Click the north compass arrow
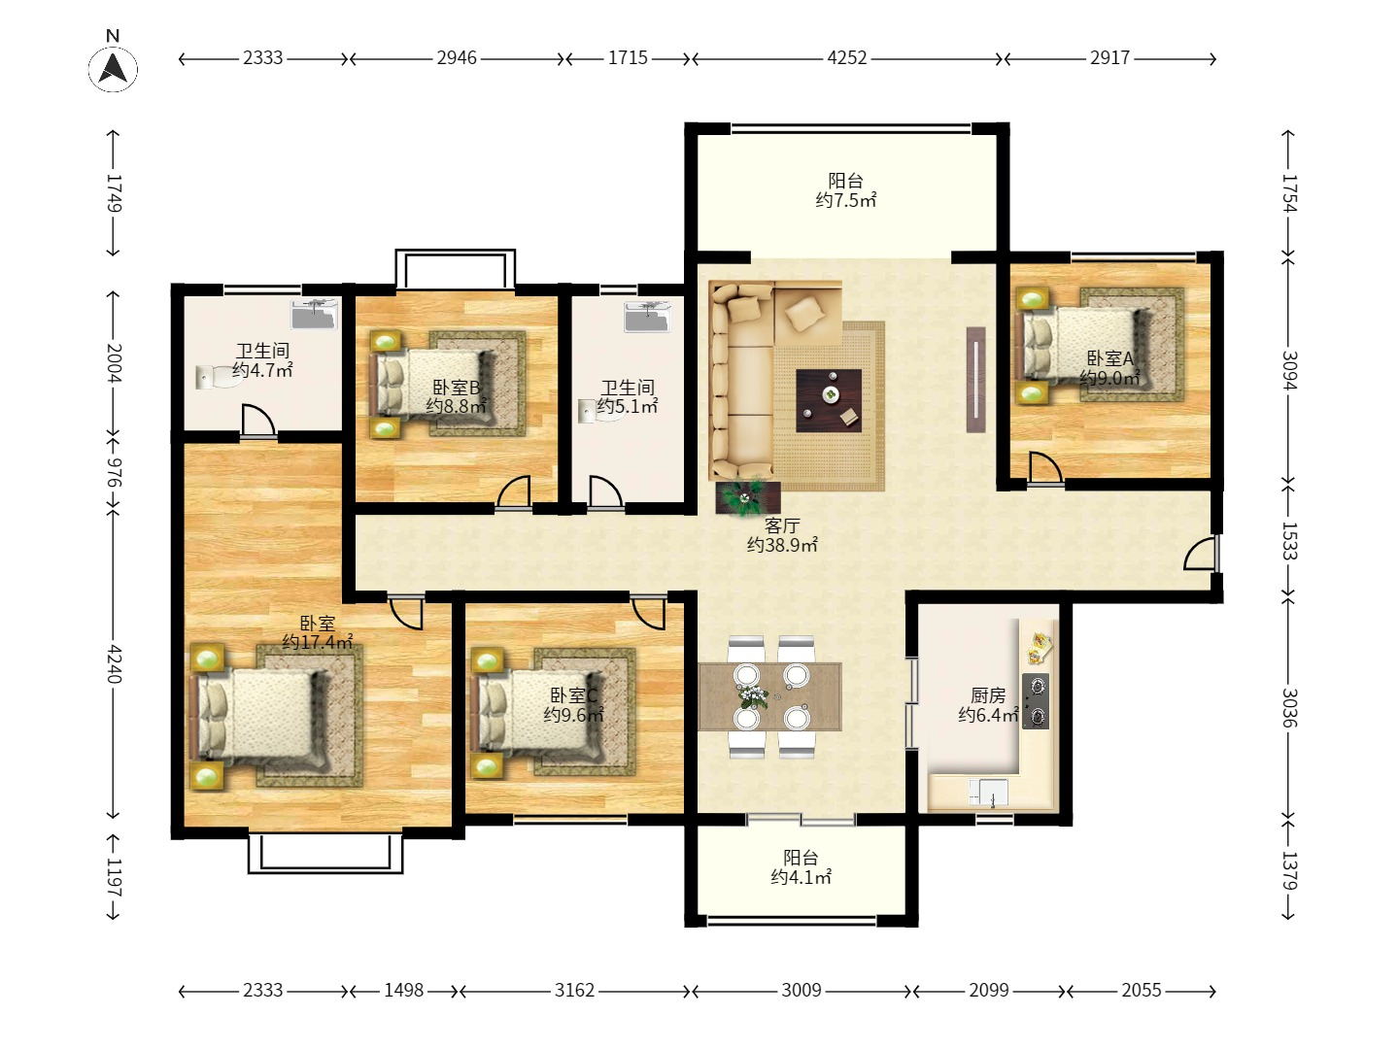click(114, 68)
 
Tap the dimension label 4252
click(846, 58)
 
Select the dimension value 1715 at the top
click(628, 58)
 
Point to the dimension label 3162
click(573, 990)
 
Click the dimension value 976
click(114, 472)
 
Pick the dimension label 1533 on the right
click(1289, 541)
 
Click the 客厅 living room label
click(782, 525)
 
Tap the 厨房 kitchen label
click(988, 694)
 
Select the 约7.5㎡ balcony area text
click(846, 200)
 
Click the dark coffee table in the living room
click(829, 400)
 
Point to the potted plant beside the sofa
click(747, 496)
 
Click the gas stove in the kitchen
click(1036, 701)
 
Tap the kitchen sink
click(989, 793)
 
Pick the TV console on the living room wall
click(975, 380)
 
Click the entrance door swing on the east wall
click(1200, 553)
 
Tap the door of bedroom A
click(1045, 468)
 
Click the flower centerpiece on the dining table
click(753, 695)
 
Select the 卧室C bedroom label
click(573, 694)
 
